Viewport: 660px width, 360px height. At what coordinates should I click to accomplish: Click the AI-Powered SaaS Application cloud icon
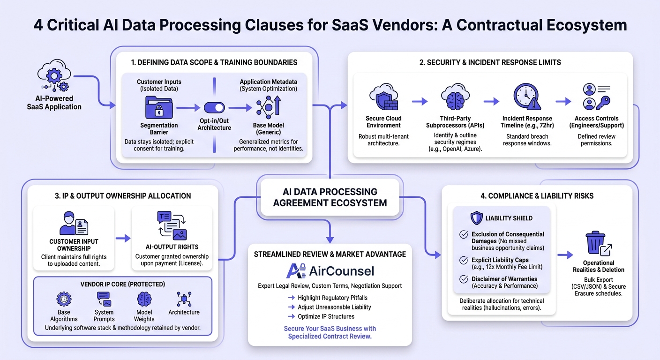(54, 75)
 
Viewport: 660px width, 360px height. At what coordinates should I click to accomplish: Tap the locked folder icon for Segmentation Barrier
(159, 107)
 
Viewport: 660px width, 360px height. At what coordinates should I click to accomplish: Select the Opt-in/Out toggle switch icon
(214, 107)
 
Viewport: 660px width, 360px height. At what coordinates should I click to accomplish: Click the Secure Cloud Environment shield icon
(383, 97)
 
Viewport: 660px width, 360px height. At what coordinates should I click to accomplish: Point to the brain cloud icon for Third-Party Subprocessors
(455, 97)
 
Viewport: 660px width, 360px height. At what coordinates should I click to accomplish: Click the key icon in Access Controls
(603, 103)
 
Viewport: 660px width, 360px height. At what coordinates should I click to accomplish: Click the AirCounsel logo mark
(296, 271)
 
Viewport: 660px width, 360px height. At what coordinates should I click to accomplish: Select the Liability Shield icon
(476, 218)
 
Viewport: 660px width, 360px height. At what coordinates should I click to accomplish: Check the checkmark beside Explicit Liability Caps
(464, 260)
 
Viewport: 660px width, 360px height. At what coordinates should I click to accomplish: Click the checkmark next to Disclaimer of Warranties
(464, 279)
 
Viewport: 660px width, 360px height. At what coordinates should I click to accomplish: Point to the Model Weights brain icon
(144, 300)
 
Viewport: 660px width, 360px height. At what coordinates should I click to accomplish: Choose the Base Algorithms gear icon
(64, 300)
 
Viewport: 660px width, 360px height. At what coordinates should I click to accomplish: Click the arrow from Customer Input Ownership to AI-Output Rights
(123, 238)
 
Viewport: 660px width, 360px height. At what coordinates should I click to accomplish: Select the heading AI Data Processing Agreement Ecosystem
(330, 197)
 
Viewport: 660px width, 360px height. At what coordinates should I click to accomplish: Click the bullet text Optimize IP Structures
(326, 317)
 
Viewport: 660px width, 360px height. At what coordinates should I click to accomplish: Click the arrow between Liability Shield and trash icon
(565, 255)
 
